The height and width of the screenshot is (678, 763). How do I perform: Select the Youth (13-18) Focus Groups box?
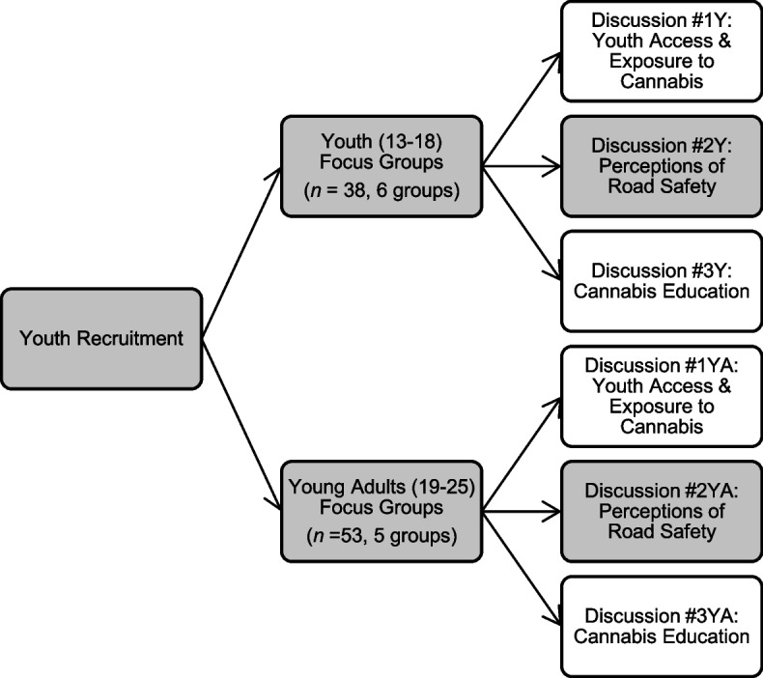point(381,167)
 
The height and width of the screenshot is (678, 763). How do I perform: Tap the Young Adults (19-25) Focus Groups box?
point(381,507)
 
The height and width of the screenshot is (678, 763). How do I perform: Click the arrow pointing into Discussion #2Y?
point(522,167)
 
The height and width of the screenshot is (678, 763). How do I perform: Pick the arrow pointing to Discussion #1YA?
point(522,449)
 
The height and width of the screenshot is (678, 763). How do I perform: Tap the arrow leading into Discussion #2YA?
point(522,508)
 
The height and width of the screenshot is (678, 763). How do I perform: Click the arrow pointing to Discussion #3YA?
point(522,565)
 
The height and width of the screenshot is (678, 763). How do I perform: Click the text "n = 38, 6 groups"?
point(381,190)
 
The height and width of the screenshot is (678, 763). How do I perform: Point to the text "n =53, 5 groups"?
point(381,530)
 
